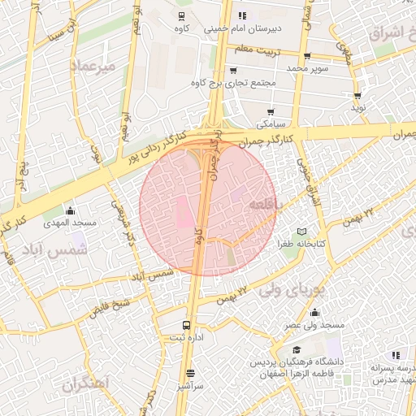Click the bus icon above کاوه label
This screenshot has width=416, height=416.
coord(180,16)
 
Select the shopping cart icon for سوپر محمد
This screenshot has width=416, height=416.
coord(307,56)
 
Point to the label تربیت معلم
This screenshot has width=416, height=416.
coord(277,50)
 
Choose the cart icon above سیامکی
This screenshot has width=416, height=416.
coord(271,112)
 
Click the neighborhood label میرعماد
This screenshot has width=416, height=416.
coord(95,63)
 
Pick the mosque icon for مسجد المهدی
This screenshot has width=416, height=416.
coord(70,210)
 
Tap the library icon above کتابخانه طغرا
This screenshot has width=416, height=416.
coord(302,232)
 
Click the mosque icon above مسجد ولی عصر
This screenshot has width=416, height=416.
coord(315,314)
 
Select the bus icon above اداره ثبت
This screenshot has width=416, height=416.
coord(187,324)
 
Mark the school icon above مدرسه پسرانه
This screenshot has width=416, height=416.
coord(396,355)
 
